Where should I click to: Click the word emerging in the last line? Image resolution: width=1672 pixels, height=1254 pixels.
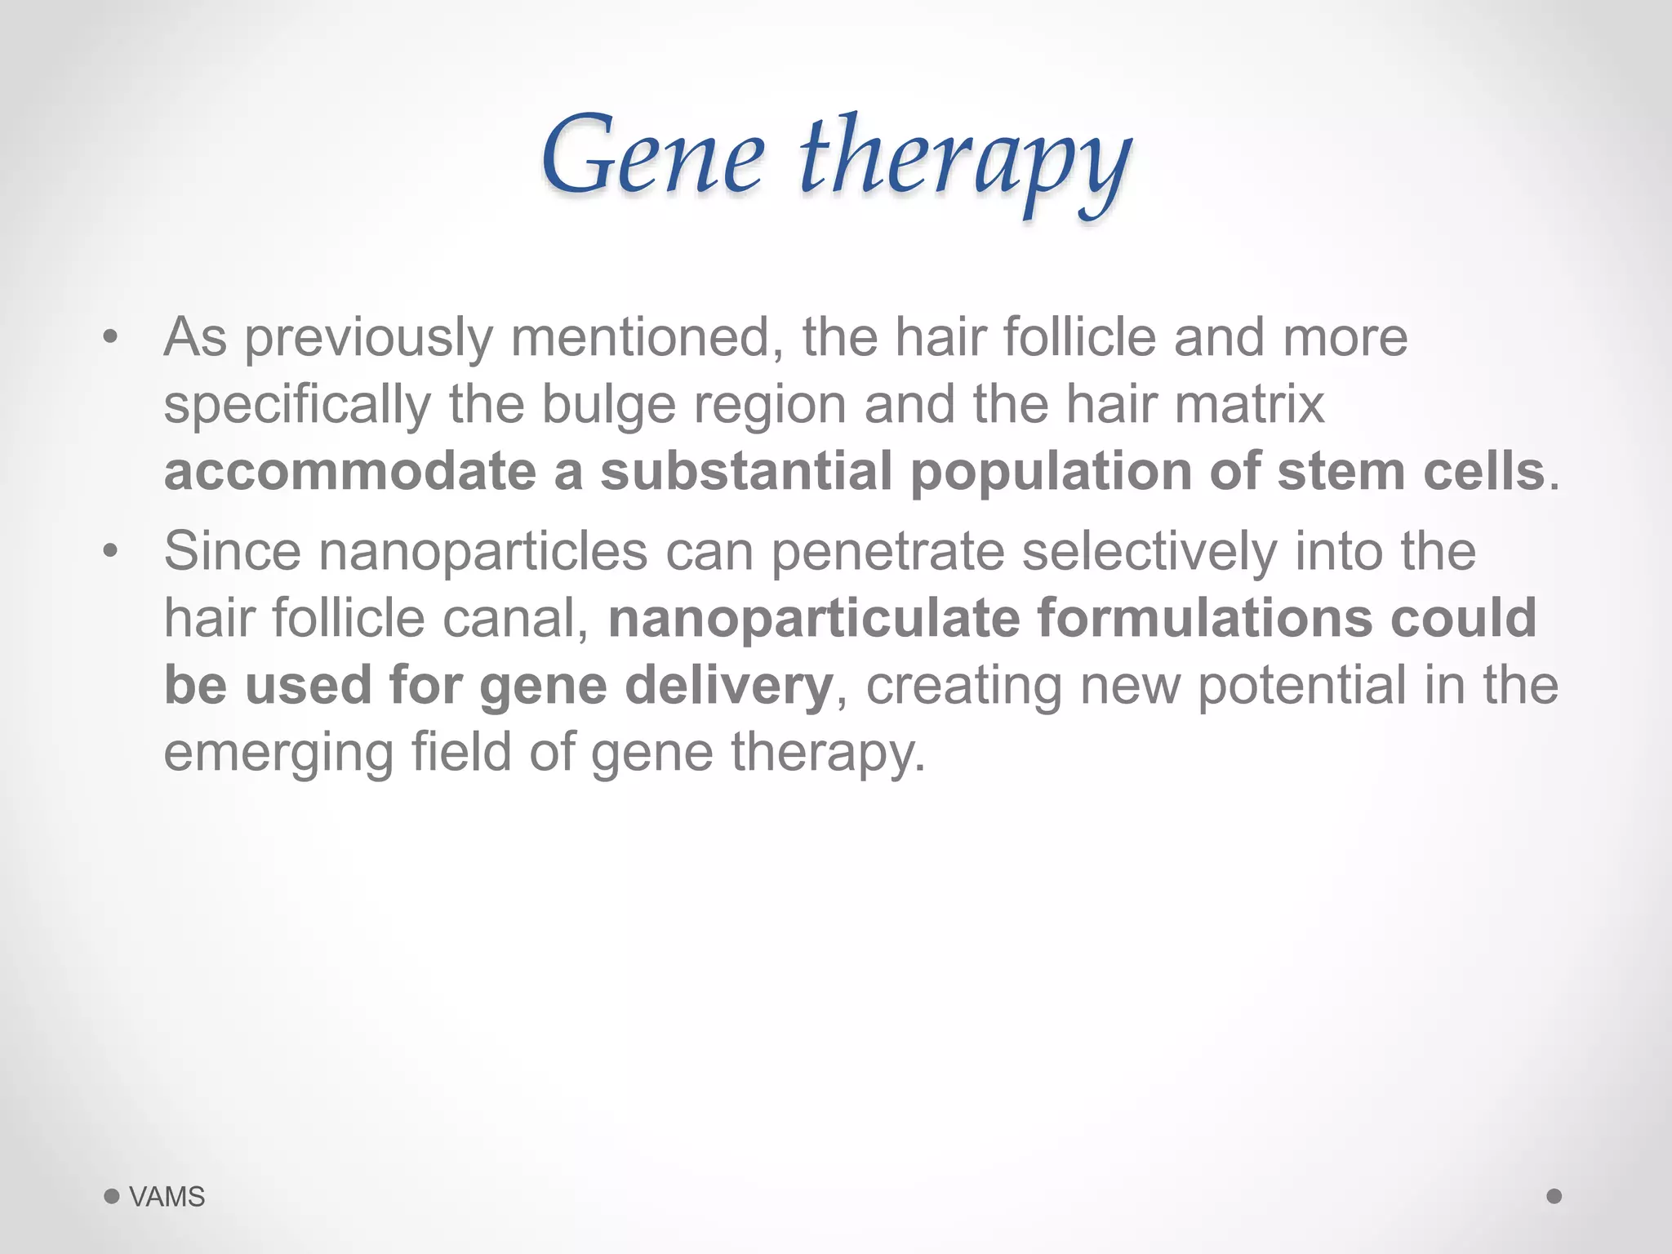(278, 753)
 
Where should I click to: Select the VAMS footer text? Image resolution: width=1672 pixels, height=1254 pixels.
(167, 1197)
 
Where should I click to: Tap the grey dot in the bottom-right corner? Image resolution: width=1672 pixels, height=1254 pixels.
(1554, 1196)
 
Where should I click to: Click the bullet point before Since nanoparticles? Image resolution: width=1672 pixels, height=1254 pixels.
(111, 551)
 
